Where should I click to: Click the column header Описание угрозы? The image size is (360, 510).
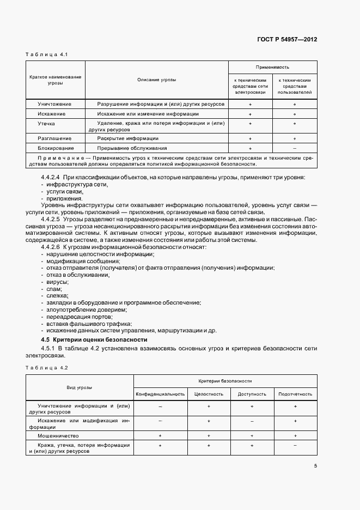[156, 80]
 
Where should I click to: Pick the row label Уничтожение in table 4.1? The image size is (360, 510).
[54, 104]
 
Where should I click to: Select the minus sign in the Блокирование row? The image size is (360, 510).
[294, 148]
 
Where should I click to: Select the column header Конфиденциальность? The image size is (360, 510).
[161, 393]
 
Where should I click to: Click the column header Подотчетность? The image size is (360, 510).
[295, 393]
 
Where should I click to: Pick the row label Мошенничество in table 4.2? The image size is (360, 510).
[58, 436]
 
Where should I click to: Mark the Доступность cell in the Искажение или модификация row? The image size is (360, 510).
[252, 421]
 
